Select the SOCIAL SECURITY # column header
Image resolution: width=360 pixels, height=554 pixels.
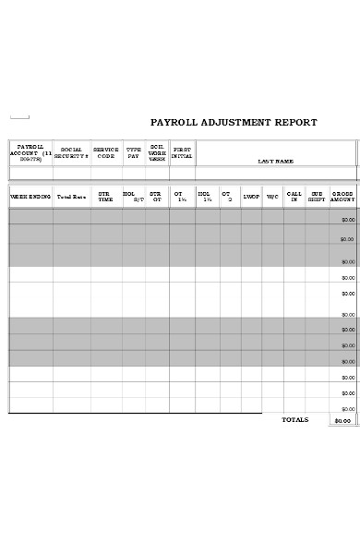(71, 153)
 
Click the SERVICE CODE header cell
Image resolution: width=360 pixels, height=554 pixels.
(106, 153)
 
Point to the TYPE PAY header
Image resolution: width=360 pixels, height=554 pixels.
(134, 153)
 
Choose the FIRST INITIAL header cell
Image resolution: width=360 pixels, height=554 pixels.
(182, 153)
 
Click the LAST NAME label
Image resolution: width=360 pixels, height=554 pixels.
(275, 162)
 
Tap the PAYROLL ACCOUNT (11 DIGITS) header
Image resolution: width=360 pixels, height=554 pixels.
(30, 153)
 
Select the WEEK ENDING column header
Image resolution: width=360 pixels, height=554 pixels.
(30, 197)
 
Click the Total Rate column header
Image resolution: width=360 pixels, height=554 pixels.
(71, 197)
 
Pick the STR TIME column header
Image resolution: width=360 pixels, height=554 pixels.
(105, 197)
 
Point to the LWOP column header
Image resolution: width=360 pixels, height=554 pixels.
(251, 197)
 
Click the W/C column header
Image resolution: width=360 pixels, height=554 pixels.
(272, 197)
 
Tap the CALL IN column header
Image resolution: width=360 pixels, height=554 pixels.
(294, 197)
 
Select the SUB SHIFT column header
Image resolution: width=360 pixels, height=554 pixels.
(317, 197)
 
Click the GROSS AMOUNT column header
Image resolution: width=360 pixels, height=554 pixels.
(342, 197)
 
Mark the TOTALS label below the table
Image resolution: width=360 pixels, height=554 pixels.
(294, 420)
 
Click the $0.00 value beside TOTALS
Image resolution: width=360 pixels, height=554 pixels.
(342, 421)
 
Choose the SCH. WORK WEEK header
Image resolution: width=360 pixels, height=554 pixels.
(157, 153)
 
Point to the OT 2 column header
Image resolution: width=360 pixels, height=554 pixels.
(226, 197)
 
